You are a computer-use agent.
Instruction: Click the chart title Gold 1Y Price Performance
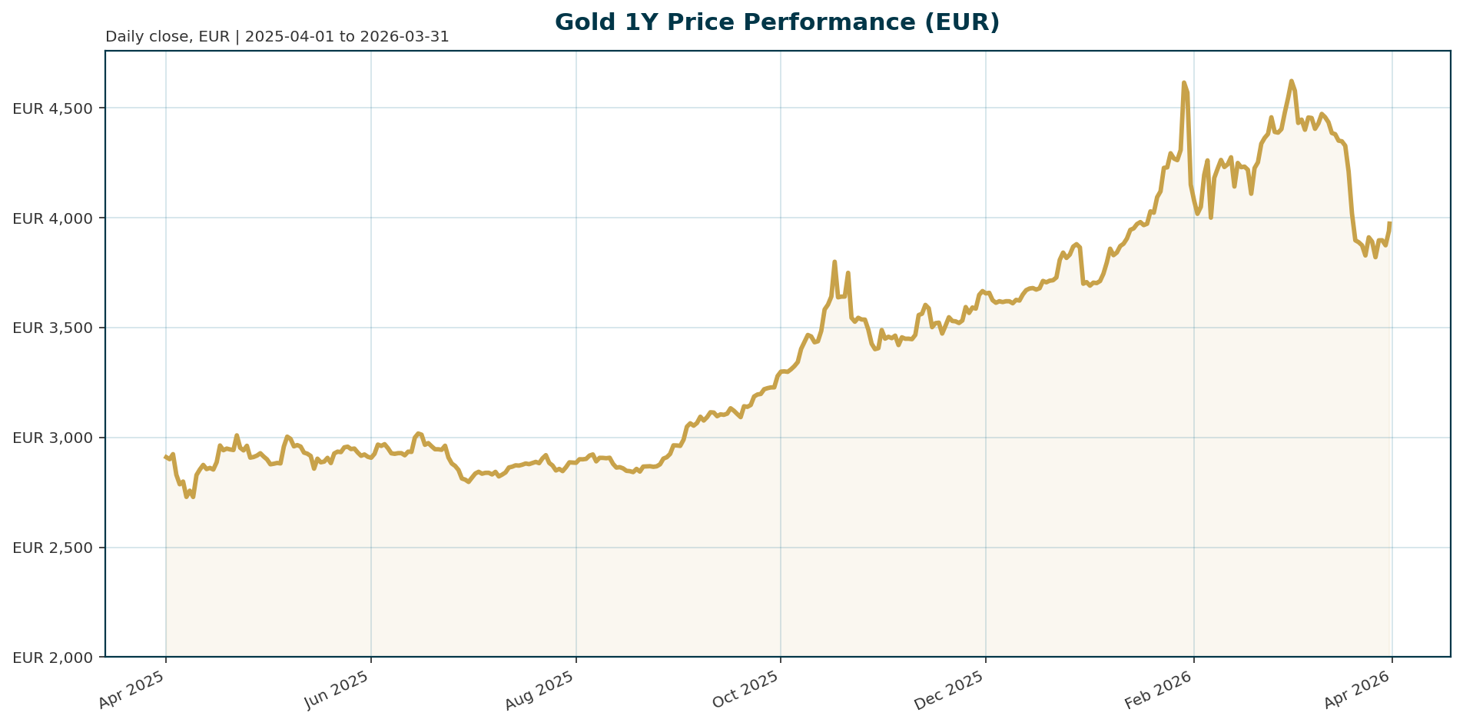click(x=777, y=22)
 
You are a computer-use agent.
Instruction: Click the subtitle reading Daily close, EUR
click(x=277, y=37)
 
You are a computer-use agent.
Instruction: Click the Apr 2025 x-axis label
click(x=132, y=690)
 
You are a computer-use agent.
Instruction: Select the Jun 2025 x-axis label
click(x=338, y=690)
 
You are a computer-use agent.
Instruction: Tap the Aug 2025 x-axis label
click(x=542, y=690)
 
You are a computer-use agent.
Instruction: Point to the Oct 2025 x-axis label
click(x=747, y=690)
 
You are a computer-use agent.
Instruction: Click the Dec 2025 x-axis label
click(x=951, y=690)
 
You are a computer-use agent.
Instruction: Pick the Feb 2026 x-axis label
click(x=1159, y=690)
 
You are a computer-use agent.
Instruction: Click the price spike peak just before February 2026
click(x=1183, y=82)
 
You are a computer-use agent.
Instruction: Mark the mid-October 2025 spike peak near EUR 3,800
click(x=834, y=261)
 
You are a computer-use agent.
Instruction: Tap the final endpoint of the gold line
click(x=1389, y=223)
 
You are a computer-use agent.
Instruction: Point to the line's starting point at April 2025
click(x=166, y=457)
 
